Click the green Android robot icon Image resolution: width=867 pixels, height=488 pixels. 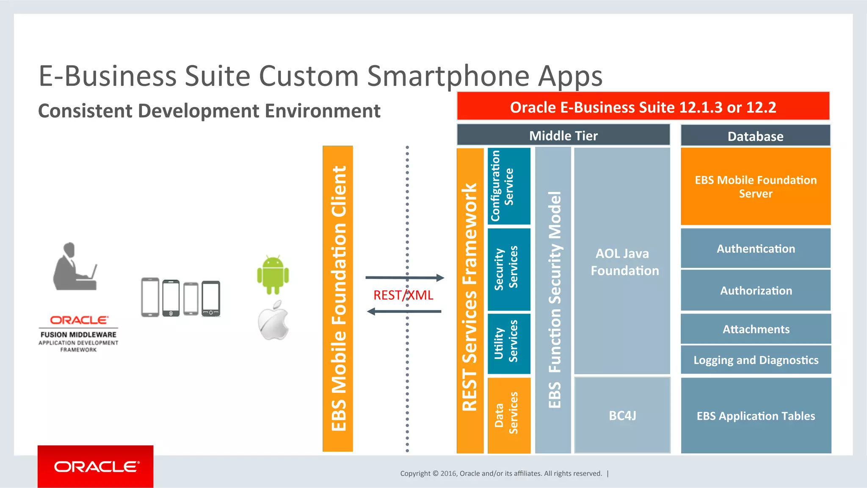273,275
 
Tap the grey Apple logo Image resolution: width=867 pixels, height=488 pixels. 273,321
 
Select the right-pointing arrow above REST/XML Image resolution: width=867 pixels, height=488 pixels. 405,278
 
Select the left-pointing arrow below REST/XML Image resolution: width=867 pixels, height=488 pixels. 404,312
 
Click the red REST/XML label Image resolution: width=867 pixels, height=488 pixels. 403,295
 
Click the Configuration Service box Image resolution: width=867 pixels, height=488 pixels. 509,186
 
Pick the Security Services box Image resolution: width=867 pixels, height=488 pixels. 509,269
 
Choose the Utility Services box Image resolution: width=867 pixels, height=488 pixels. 509,343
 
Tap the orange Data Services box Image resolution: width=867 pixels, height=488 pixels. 509,415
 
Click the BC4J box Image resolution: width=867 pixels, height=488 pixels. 622,415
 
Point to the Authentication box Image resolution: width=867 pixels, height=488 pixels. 756,248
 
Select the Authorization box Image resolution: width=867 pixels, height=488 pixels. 756,290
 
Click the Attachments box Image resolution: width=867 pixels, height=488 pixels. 756,329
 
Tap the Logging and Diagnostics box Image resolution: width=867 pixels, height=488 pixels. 756,360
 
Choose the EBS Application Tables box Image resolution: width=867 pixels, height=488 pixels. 756,416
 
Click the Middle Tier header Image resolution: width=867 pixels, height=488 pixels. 563,135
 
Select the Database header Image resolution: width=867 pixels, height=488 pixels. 755,136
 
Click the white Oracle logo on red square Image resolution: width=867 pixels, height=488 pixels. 96,466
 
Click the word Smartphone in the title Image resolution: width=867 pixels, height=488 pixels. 448,76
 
